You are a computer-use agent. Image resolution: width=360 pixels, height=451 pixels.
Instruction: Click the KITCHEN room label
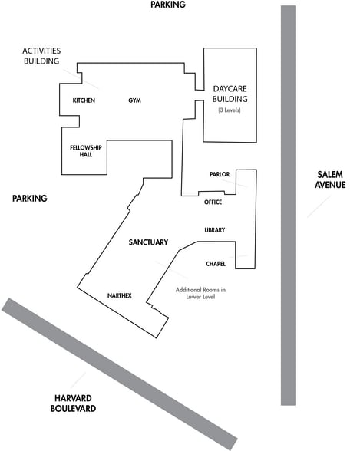pyautogui.click(x=84, y=100)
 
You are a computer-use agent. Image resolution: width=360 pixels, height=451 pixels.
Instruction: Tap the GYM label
pyautogui.click(x=134, y=100)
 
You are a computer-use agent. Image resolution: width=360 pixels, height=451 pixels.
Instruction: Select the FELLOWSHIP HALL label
pyautogui.click(x=86, y=151)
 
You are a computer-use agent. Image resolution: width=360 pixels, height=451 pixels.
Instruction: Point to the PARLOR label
pyautogui.click(x=220, y=174)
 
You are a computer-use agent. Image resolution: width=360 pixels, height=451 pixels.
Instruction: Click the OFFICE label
pyautogui.click(x=213, y=202)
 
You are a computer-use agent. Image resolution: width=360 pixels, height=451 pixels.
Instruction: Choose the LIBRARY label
pyautogui.click(x=215, y=230)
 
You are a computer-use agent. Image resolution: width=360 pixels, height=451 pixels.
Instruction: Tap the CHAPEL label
pyautogui.click(x=216, y=264)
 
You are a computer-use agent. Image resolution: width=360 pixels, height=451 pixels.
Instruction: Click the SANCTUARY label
pyautogui.click(x=148, y=242)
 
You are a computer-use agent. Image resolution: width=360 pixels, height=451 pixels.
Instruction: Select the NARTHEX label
pyautogui.click(x=120, y=296)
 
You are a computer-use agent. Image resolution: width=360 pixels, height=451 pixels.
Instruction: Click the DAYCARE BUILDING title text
pyautogui.click(x=230, y=94)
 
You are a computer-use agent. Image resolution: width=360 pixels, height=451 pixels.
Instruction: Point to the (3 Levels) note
pyautogui.click(x=230, y=110)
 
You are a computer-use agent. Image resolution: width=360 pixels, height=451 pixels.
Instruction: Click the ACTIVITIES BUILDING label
pyautogui.click(x=41, y=56)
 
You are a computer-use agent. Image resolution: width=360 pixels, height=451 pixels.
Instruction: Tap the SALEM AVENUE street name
pyautogui.click(x=330, y=179)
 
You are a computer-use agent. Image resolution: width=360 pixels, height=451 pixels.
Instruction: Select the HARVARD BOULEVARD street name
pyautogui.click(x=73, y=403)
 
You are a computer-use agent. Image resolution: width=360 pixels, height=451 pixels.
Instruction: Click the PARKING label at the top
pyautogui.click(x=168, y=5)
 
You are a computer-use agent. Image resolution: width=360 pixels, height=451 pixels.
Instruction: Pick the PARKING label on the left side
pyautogui.click(x=30, y=198)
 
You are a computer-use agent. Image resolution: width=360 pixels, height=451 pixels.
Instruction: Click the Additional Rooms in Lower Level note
pyautogui.click(x=200, y=293)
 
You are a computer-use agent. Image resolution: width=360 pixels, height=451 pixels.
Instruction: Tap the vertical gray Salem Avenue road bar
pyautogui.click(x=288, y=206)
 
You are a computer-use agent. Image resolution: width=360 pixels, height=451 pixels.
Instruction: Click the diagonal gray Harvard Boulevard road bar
pyautogui.click(x=120, y=374)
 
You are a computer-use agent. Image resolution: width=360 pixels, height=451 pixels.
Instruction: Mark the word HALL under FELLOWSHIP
pyautogui.click(x=86, y=154)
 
